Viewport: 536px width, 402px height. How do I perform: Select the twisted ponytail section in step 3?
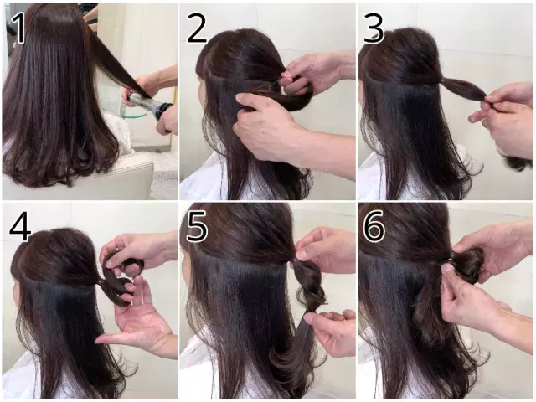click(461, 88)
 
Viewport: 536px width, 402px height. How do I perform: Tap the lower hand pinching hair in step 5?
click(331, 331)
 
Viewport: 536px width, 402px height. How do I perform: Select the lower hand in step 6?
click(473, 310)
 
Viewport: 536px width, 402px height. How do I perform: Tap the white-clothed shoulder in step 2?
click(201, 184)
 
